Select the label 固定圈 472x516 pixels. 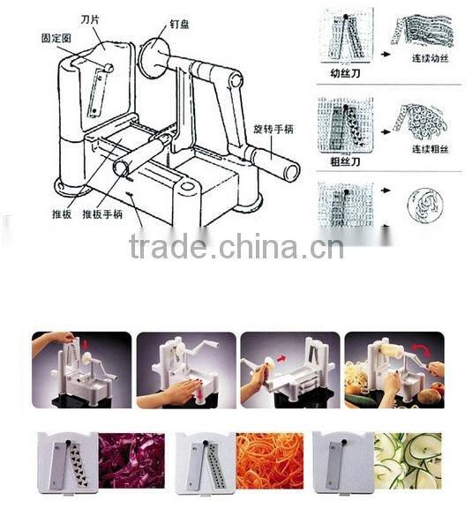click(x=56, y=40)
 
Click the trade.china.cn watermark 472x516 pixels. click(x=236, y=247)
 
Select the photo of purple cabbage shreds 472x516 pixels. click(x=131, y=460)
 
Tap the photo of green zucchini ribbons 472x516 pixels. click(x=407, y=460)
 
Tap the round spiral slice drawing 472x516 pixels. click(x=424, y=208)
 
